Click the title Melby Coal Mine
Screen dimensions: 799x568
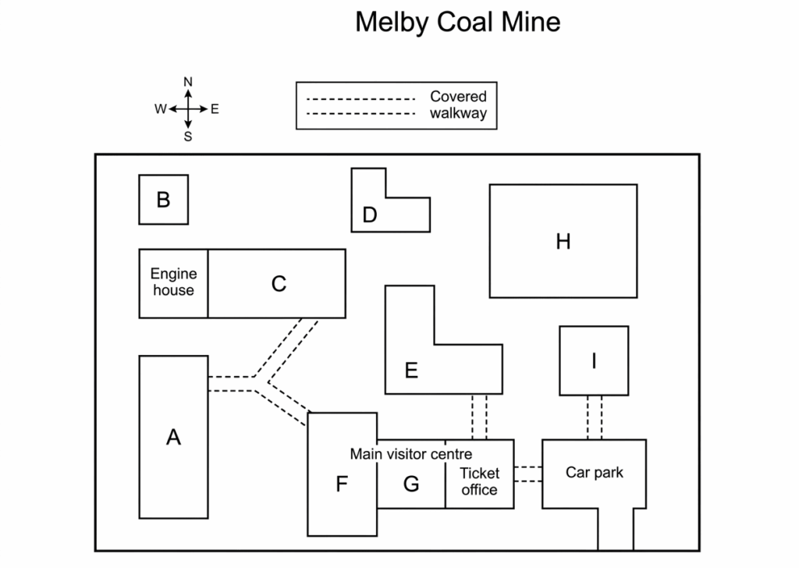pos(457,23)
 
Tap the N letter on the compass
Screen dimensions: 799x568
pos(188,81)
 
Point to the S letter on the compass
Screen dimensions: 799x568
pos(188,137)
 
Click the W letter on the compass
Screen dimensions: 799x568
pos(161,109)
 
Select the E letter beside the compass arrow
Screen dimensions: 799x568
pos(215,109)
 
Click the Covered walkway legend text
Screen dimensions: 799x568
pos(458,105)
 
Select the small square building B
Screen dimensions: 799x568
pos(164,200)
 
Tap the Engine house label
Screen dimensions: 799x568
pos(174,282)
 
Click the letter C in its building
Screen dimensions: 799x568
pos(279,284)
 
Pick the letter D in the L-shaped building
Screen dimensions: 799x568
pos(370,215)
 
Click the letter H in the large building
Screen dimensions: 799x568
pos(563,241)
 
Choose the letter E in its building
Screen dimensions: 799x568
pos(411,371)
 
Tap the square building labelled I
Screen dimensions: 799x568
pos(594,360)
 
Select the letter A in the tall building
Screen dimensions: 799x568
pos(173,437)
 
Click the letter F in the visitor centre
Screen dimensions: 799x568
pos(342,484)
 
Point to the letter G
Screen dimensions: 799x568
pos(411,484)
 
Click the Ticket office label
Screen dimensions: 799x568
pos(480,481)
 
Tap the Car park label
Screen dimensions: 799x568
pos(594,473)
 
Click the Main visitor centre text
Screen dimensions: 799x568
pos(410,454)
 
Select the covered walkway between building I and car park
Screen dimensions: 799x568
pos(595,417)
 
